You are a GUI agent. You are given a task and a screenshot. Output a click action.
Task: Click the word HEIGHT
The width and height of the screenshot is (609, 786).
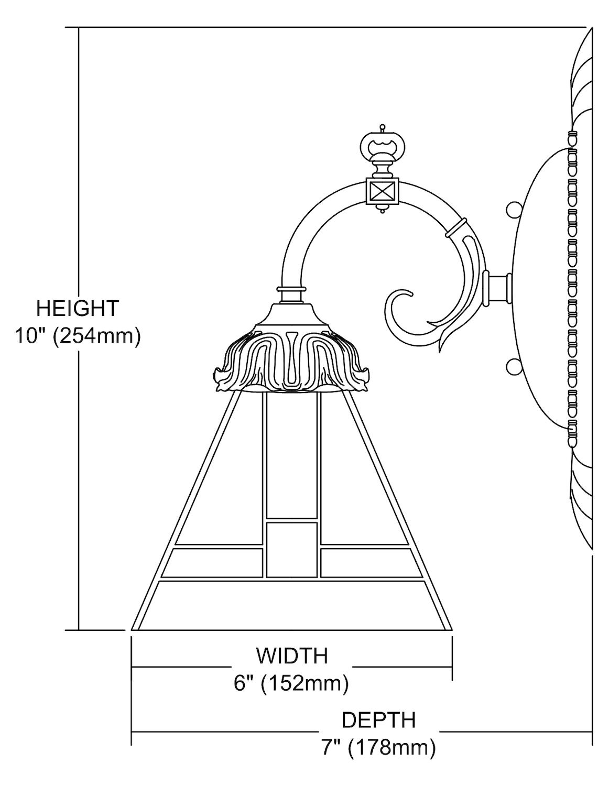(x=78, y=308)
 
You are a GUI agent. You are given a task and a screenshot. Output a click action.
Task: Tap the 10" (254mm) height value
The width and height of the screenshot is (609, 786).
(x=78, y=336)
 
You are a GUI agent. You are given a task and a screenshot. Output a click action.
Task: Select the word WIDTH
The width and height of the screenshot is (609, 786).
(x=291, y=655)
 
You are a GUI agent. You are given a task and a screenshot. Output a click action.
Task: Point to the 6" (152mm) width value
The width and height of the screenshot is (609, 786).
(x=291, y=683)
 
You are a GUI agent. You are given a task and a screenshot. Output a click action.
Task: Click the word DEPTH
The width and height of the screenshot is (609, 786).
(x=378, y=719)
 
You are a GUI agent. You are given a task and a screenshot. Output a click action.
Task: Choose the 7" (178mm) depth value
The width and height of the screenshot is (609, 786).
(x=378, y=747)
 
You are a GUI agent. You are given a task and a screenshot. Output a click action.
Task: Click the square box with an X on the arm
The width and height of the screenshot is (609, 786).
(x=382, y=191)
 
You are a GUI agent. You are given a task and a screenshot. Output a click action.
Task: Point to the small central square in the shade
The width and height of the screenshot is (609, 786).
(x=292, y=549)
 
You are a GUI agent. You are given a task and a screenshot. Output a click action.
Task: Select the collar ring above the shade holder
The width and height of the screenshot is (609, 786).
(x=292, y=289)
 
